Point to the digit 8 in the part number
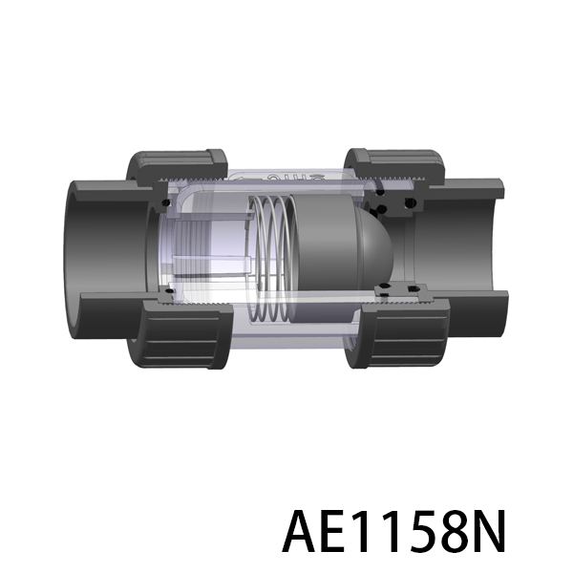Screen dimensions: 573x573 pyautogui.click(x=457, y=531)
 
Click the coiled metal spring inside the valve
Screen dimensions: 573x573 pyautogui.click(x=272, y=259)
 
